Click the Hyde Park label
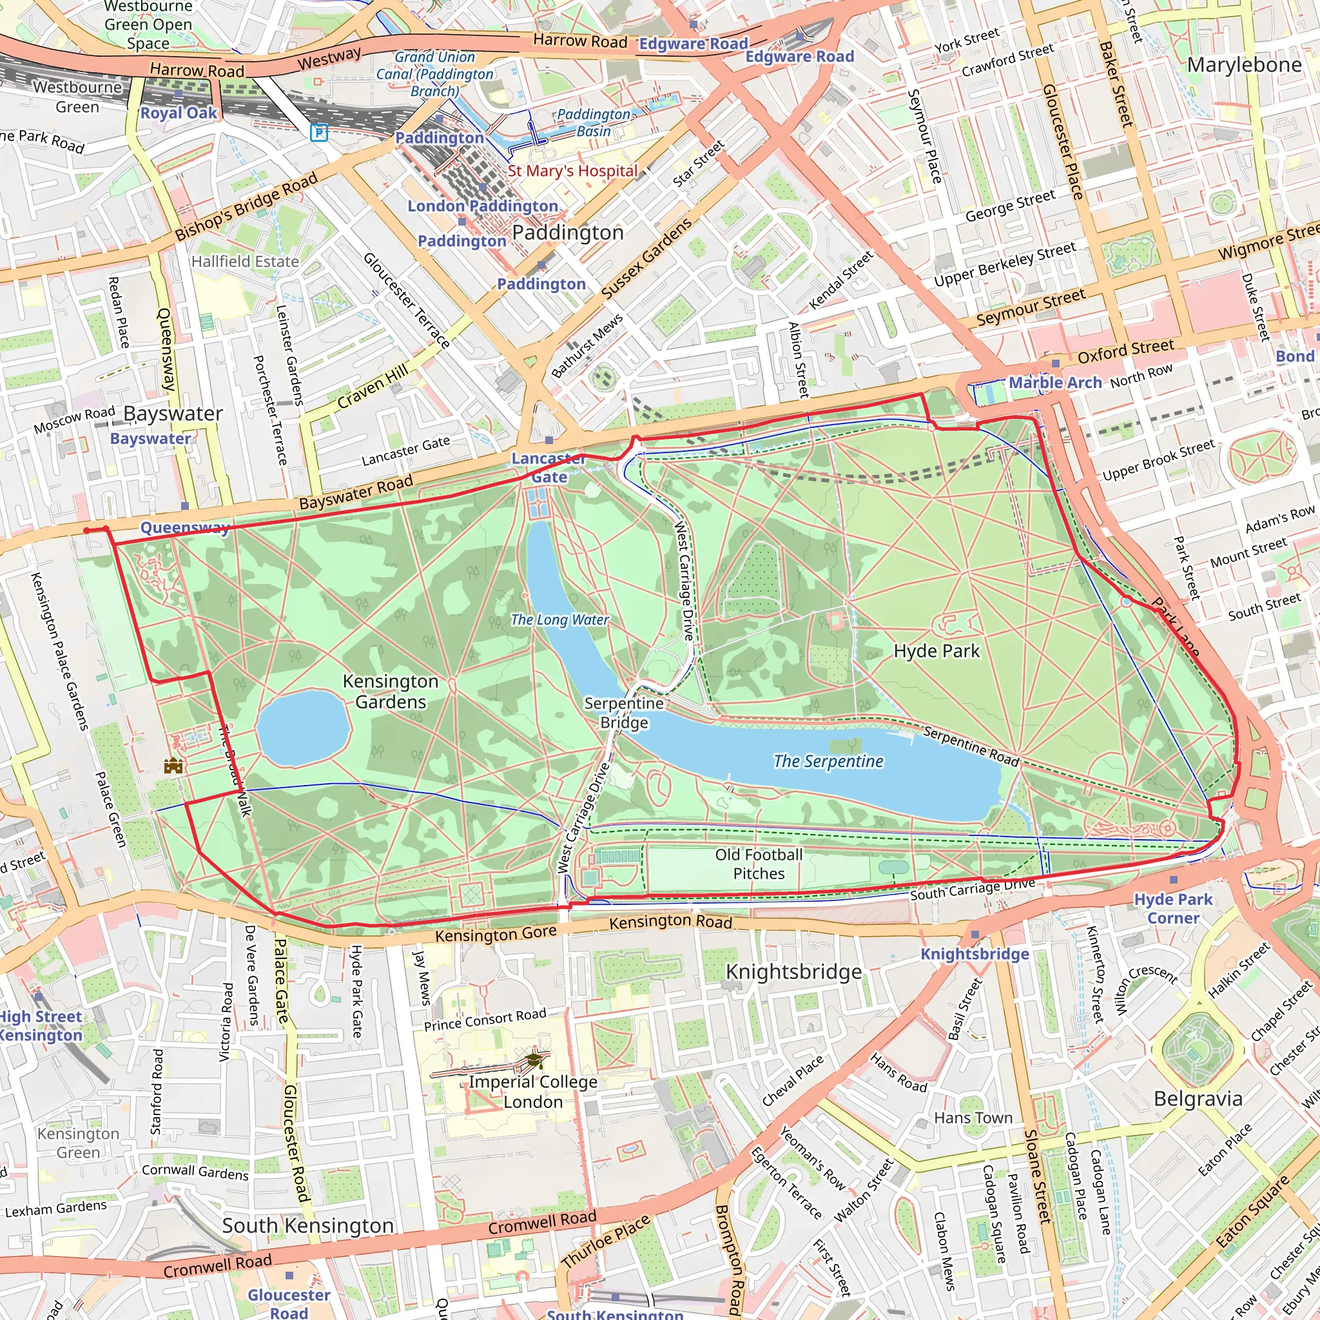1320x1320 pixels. click(936, 650)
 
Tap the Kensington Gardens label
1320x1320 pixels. click(390, 692)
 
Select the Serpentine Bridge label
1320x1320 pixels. click(623, 713)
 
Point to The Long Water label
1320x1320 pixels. click(559, 619)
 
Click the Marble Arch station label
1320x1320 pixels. click(1055, 382)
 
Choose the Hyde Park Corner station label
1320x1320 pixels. click(1172, 908)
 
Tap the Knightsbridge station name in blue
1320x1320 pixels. click(975, 954)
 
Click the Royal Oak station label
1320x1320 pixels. click(179, 113)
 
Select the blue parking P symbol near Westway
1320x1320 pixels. click(318, 132)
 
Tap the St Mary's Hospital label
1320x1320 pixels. click(572, 171)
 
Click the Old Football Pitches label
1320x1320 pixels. click(759, 864)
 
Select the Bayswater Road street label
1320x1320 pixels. click(356, 491)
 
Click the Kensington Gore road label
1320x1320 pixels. click(496, 934)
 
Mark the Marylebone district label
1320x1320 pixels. click(1244, 65)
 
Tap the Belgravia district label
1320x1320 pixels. click(1198, 1099)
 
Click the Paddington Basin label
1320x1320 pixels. click(593, 122)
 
